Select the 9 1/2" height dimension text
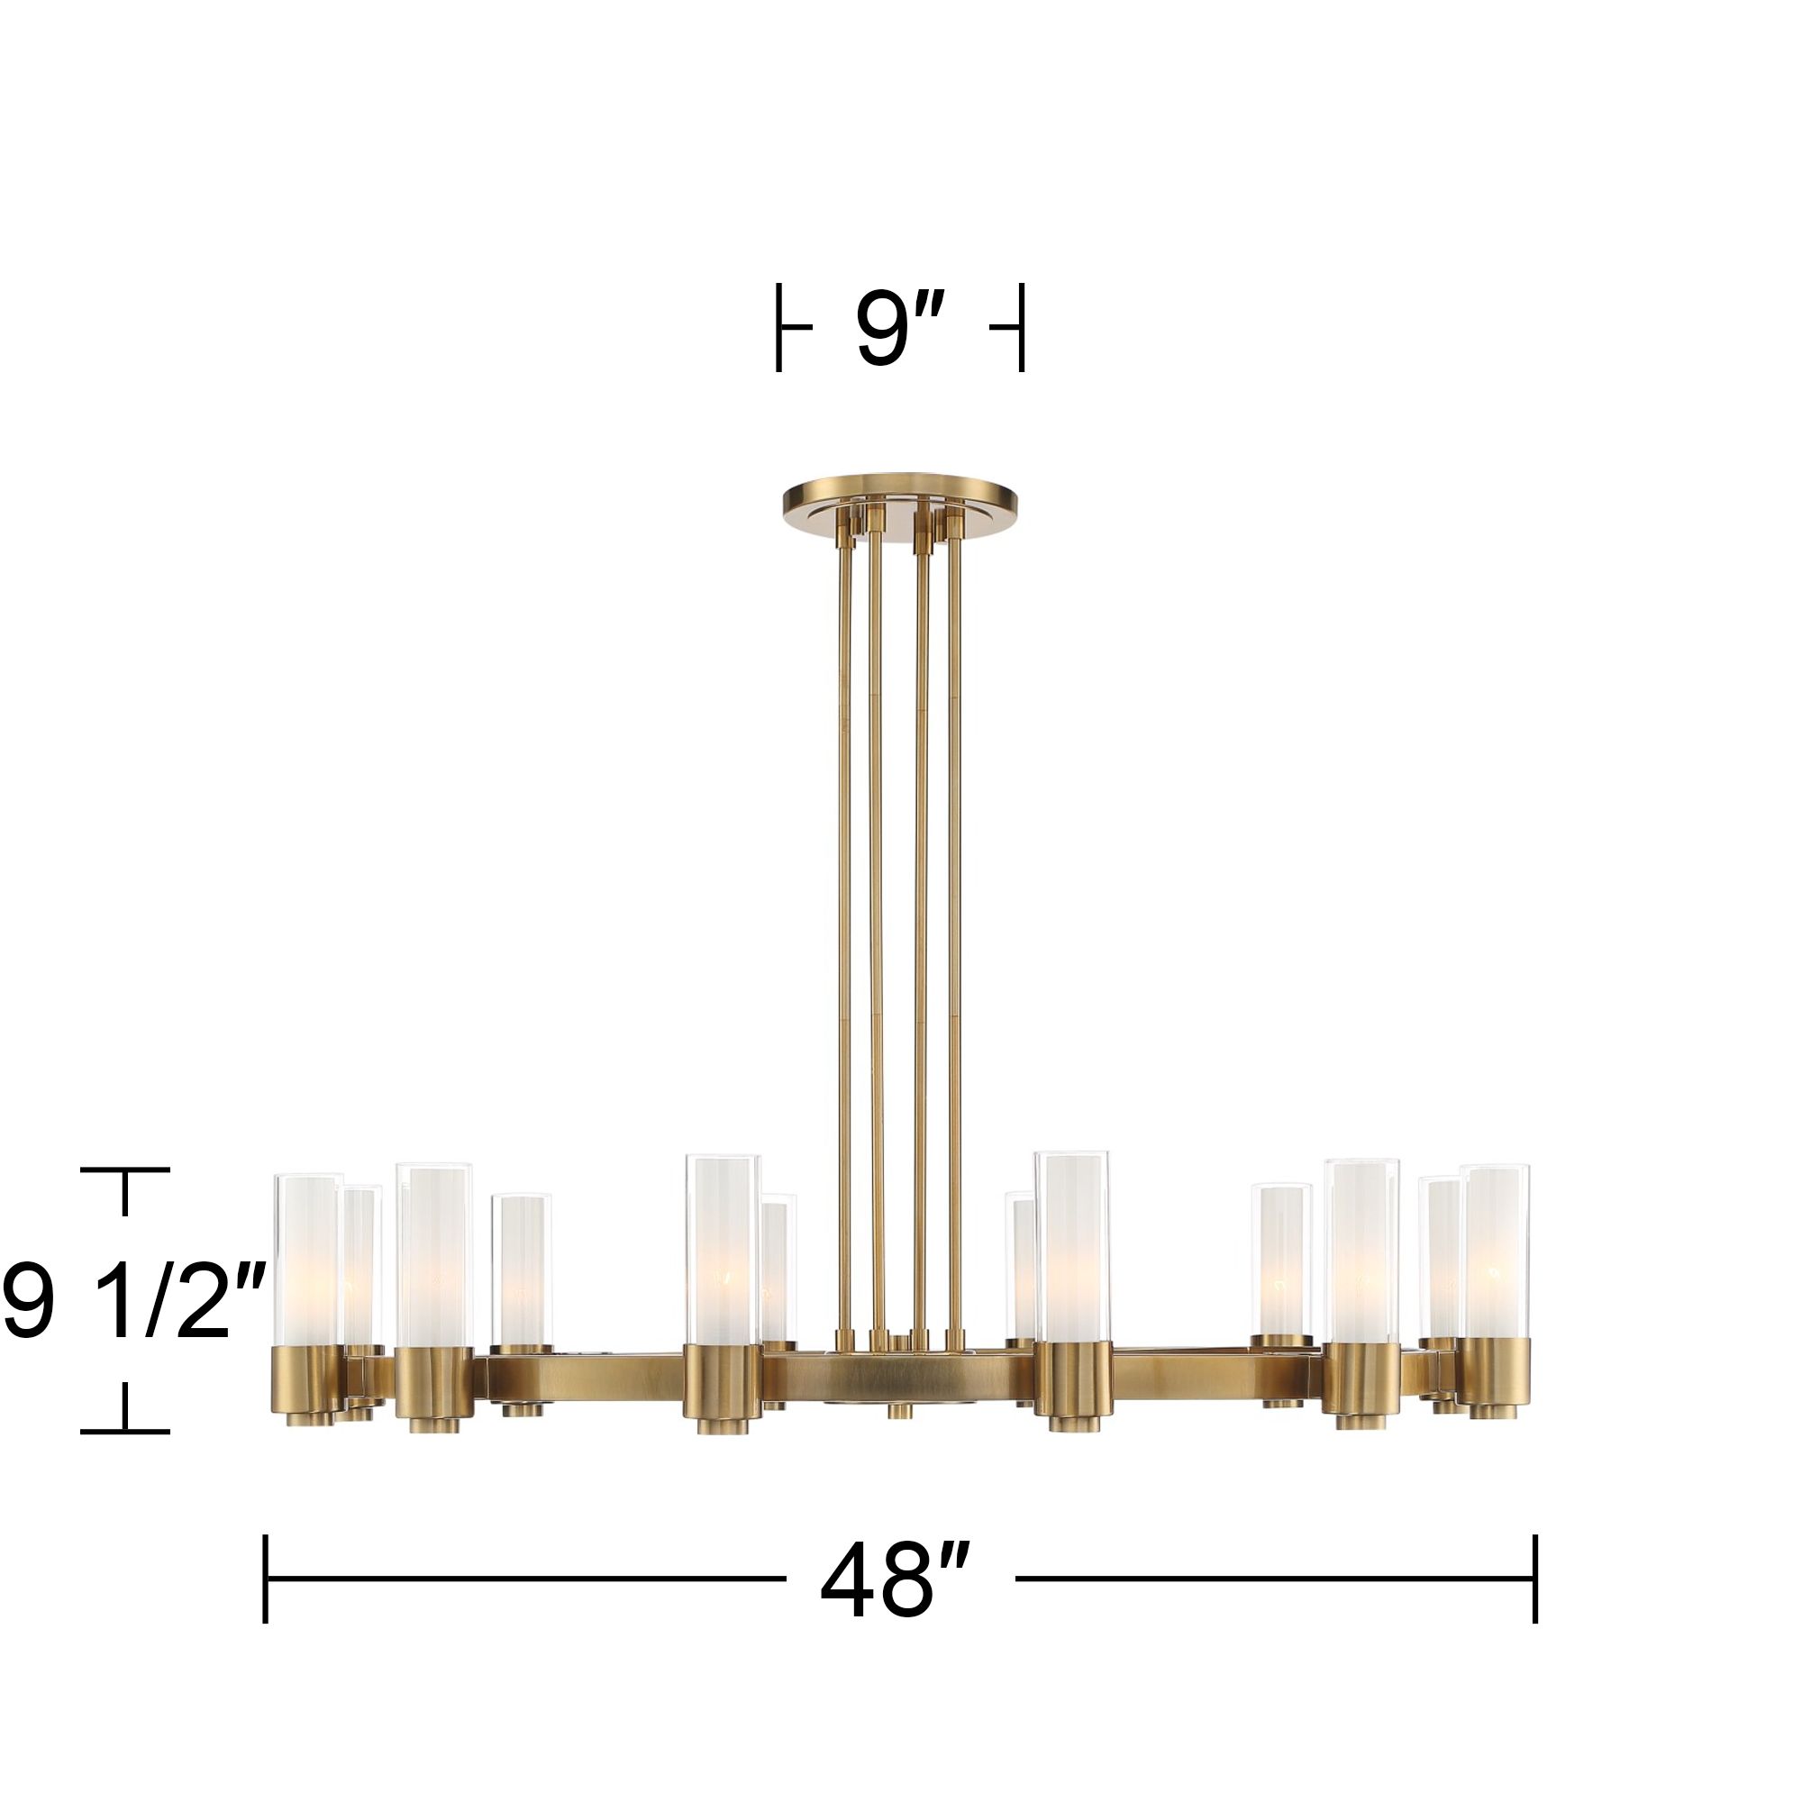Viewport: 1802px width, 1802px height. [x=131, y=1300]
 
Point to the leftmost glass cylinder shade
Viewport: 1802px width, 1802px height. [x=307, y=1260]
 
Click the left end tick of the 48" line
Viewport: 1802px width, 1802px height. [x=266, y=1579]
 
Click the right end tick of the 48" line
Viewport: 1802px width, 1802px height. [x=1535, y=1579]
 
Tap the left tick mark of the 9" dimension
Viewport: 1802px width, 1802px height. [x=778, y=328]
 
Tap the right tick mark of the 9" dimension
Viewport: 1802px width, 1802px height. [x=1023, y=328]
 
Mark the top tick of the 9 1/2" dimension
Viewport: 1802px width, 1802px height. [x=125, y=1169]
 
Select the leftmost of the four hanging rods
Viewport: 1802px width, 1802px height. [x=844, y=933]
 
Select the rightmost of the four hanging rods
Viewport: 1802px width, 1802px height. [x=954, y=933]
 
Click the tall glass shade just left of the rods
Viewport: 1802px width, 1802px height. [x=722, y=1250]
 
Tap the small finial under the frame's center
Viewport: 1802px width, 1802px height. [x=899, y=1436]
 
